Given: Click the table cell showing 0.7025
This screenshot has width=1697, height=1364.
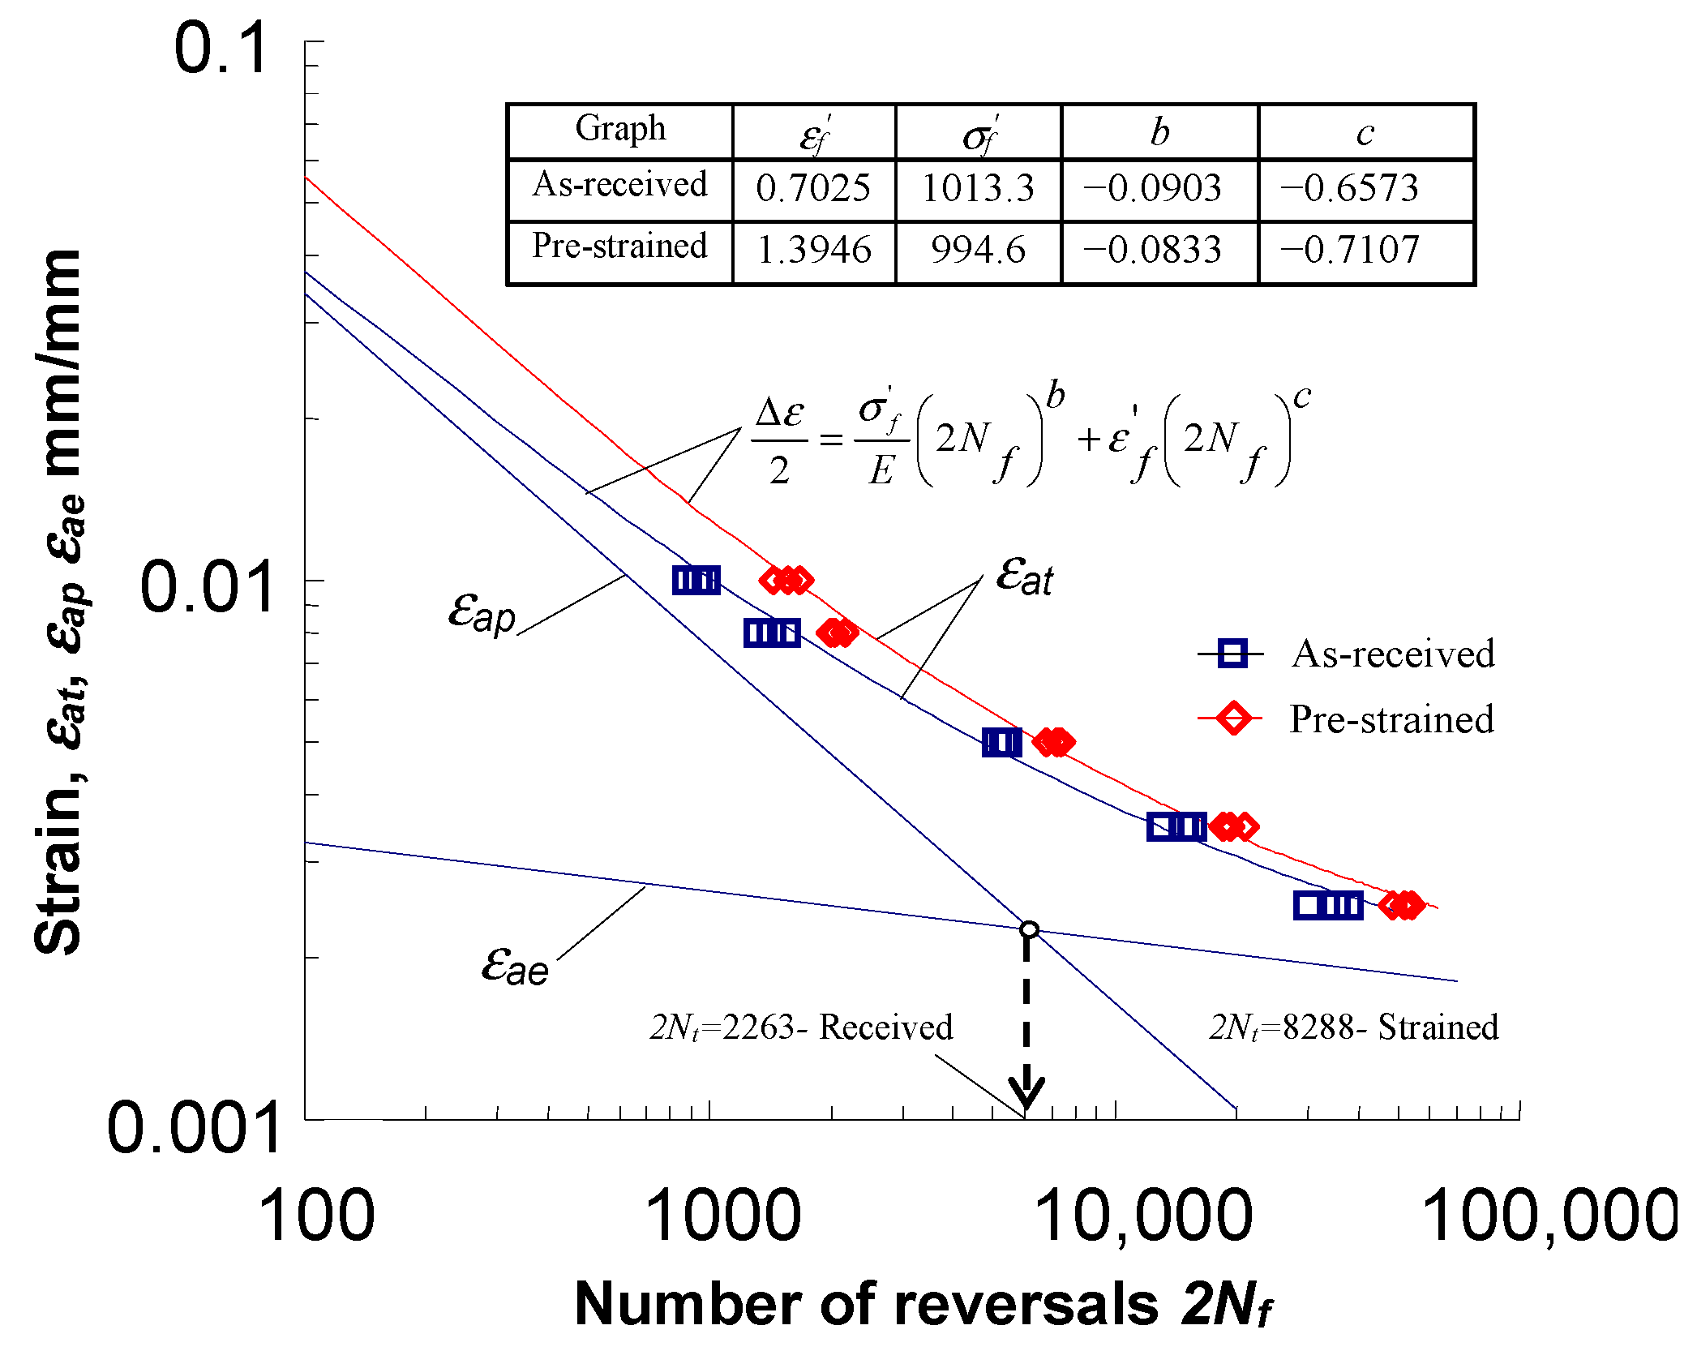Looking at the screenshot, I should point(813,189).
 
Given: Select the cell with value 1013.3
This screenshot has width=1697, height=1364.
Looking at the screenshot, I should point(978,189).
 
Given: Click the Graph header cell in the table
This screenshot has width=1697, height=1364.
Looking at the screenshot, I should point(620,130).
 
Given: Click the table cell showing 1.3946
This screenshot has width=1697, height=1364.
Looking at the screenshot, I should point(813,250).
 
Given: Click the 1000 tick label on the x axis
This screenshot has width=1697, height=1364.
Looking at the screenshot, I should point(722,1216).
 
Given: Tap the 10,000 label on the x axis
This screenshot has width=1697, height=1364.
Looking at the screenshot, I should point(1143,1216).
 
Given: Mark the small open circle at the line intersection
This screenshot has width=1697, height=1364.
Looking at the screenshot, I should point(1029,929).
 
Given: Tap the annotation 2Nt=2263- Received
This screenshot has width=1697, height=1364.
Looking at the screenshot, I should point(801,1027).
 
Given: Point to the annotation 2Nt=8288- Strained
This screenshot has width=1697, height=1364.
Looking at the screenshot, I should point(1353,1027).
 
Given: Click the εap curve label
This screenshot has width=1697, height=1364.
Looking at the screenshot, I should point(482,612).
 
